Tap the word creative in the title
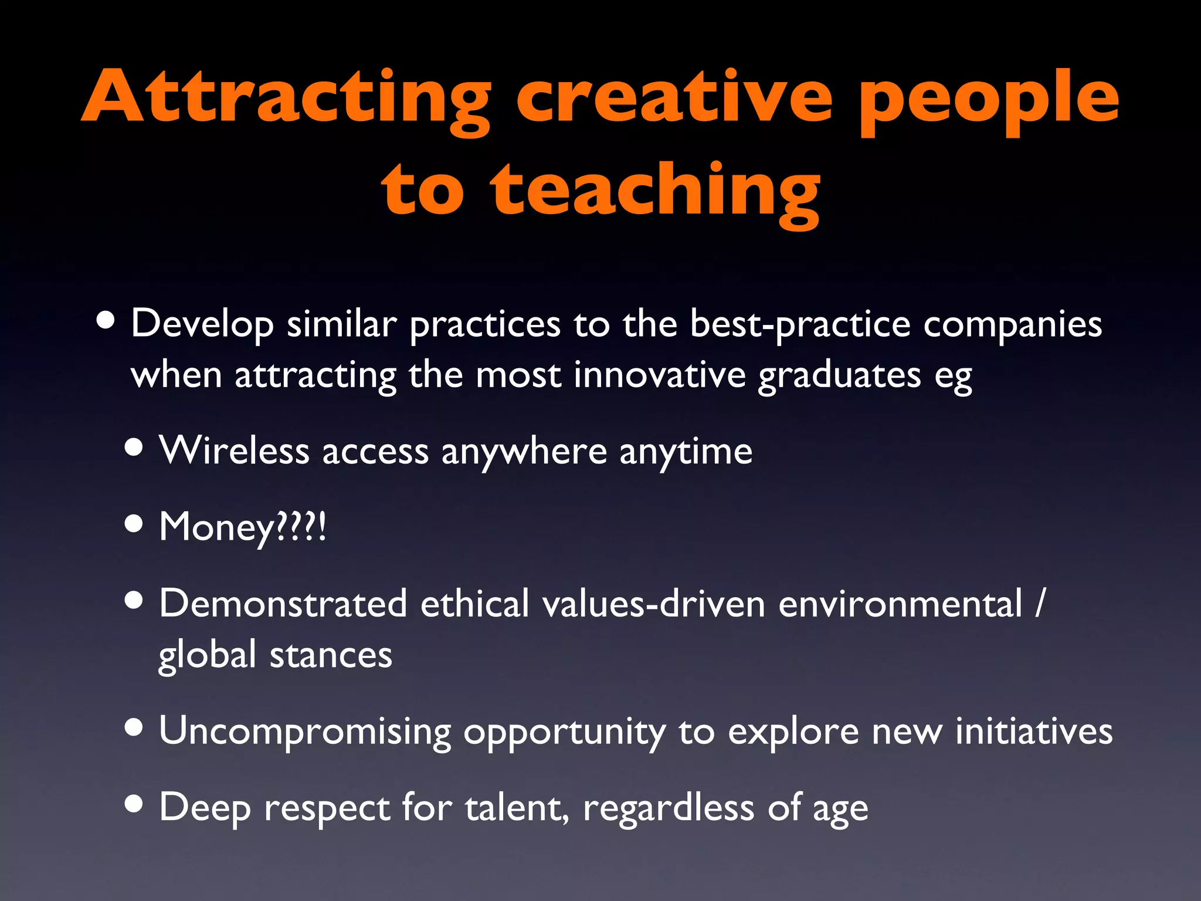(674, 97)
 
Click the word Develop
(202, 324)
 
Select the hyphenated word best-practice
(800, 324)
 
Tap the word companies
(1012, 324)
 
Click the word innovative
(659, 375)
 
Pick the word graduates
(839, 376)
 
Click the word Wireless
(234, 451)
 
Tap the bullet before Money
(134, 524)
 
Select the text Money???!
(242, 527)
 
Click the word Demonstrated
(283, 604)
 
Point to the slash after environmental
(1039, 604)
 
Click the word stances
(331, 655)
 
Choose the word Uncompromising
(305, 732)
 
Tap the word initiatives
(1033, 731)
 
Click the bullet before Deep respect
(134, 805)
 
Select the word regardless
(668, 808)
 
